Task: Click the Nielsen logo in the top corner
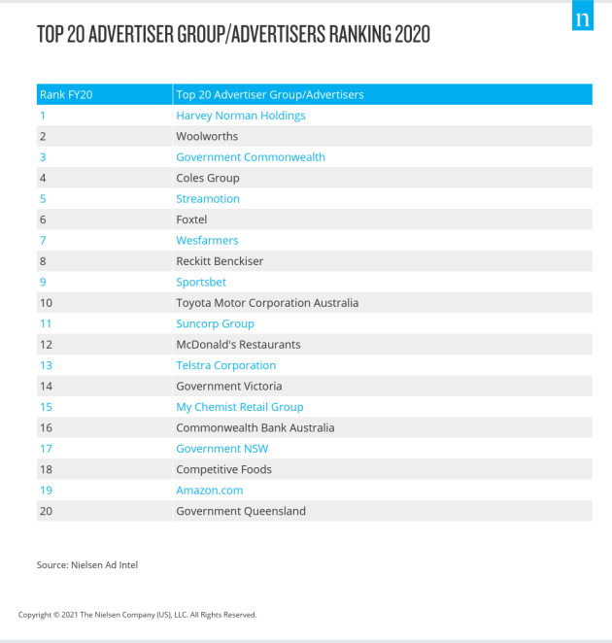pos(582,18)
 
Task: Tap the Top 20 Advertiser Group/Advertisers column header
pos(270,94)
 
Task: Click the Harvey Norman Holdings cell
pos(240,116)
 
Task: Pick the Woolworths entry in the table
pos(207,136)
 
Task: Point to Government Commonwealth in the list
pos(251,157)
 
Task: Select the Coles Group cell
pos(207,178)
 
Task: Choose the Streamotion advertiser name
pos(207,199)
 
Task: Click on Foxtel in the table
pos(192,220)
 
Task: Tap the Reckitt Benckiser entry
pos(220,261)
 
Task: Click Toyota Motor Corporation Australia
pos(267,303)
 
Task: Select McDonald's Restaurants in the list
pos(238,345)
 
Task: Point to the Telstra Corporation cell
pos(225,365)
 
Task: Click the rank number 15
pos(46,407)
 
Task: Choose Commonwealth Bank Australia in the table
pos(255,427)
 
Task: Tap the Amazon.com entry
pos(208,491)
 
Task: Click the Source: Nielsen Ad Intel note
pos(87,565)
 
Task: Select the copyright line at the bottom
pos(137,615)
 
